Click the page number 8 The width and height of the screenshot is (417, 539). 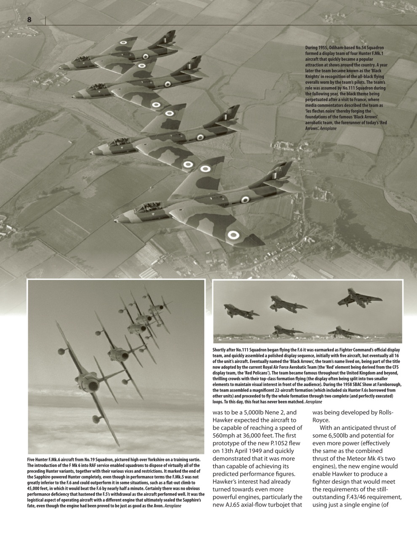(29, 20)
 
